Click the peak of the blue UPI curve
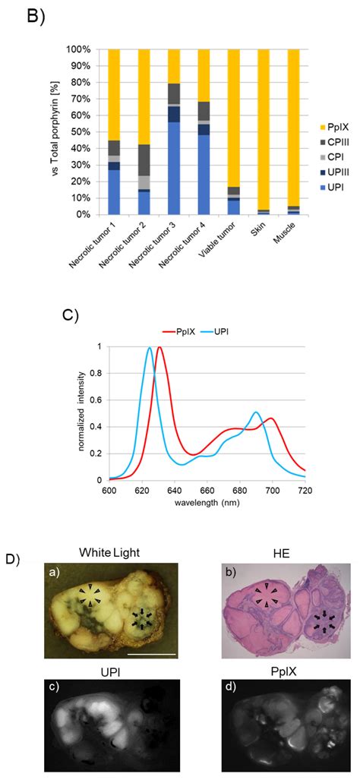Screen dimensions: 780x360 pyautogui.click(x=150, y=369)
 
